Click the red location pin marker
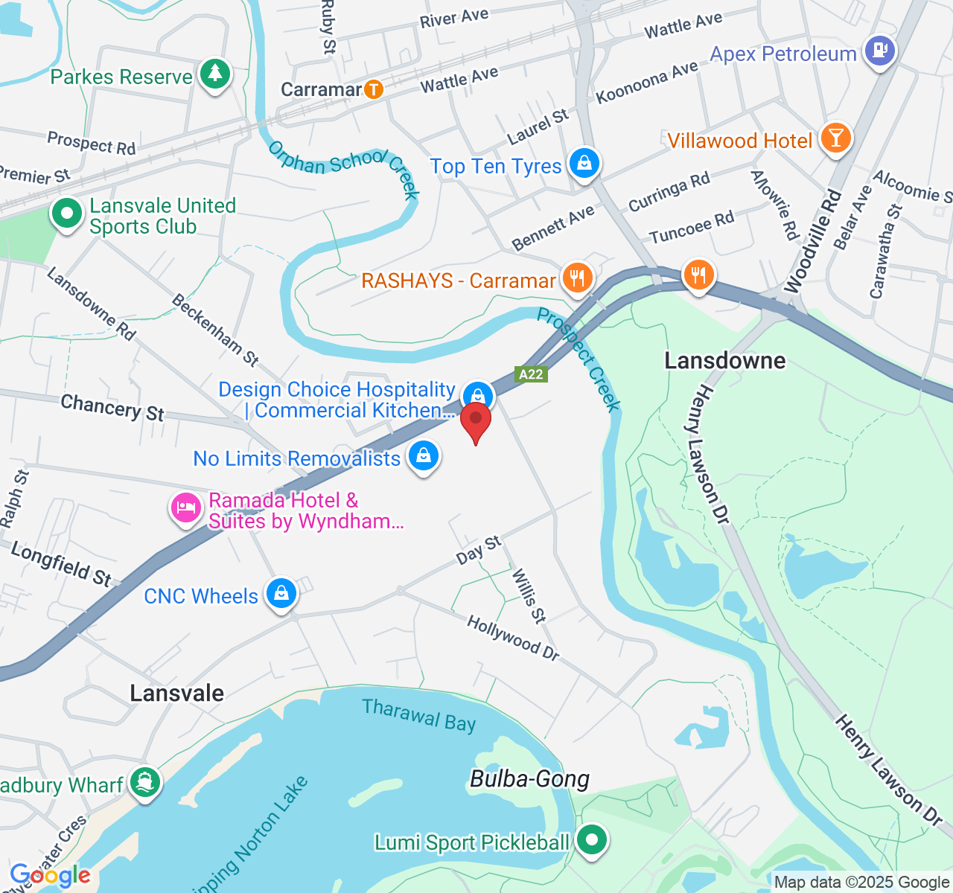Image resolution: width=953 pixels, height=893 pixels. coord(476,421)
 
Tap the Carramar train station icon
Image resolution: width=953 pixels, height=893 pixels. coord(373,90)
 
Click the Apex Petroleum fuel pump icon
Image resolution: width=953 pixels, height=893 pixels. coord(881,51)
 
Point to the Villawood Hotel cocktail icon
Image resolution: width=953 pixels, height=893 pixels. coord(835,138)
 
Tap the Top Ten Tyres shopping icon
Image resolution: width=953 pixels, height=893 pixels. coord(584,163)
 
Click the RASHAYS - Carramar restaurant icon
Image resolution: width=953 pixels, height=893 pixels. coord(577,278)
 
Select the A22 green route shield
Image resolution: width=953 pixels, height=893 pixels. coord(531,374)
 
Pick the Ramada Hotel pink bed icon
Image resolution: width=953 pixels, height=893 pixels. coord(185,508)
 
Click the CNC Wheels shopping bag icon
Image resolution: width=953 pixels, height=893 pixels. coord(281,593)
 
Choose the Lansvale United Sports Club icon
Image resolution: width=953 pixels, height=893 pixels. coord(67,214)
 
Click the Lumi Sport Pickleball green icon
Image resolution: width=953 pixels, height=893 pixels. coord(592,841)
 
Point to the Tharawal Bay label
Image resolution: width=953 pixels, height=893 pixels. coord(418,716)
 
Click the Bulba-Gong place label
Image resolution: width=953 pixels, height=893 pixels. coord(529,779)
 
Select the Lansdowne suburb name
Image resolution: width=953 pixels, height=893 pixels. coord(724,361)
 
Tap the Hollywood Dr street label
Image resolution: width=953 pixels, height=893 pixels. coord(513,638)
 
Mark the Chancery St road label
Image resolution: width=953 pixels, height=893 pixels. coord(112,408)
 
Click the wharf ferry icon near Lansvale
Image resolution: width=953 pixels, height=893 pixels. coord(144,782)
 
